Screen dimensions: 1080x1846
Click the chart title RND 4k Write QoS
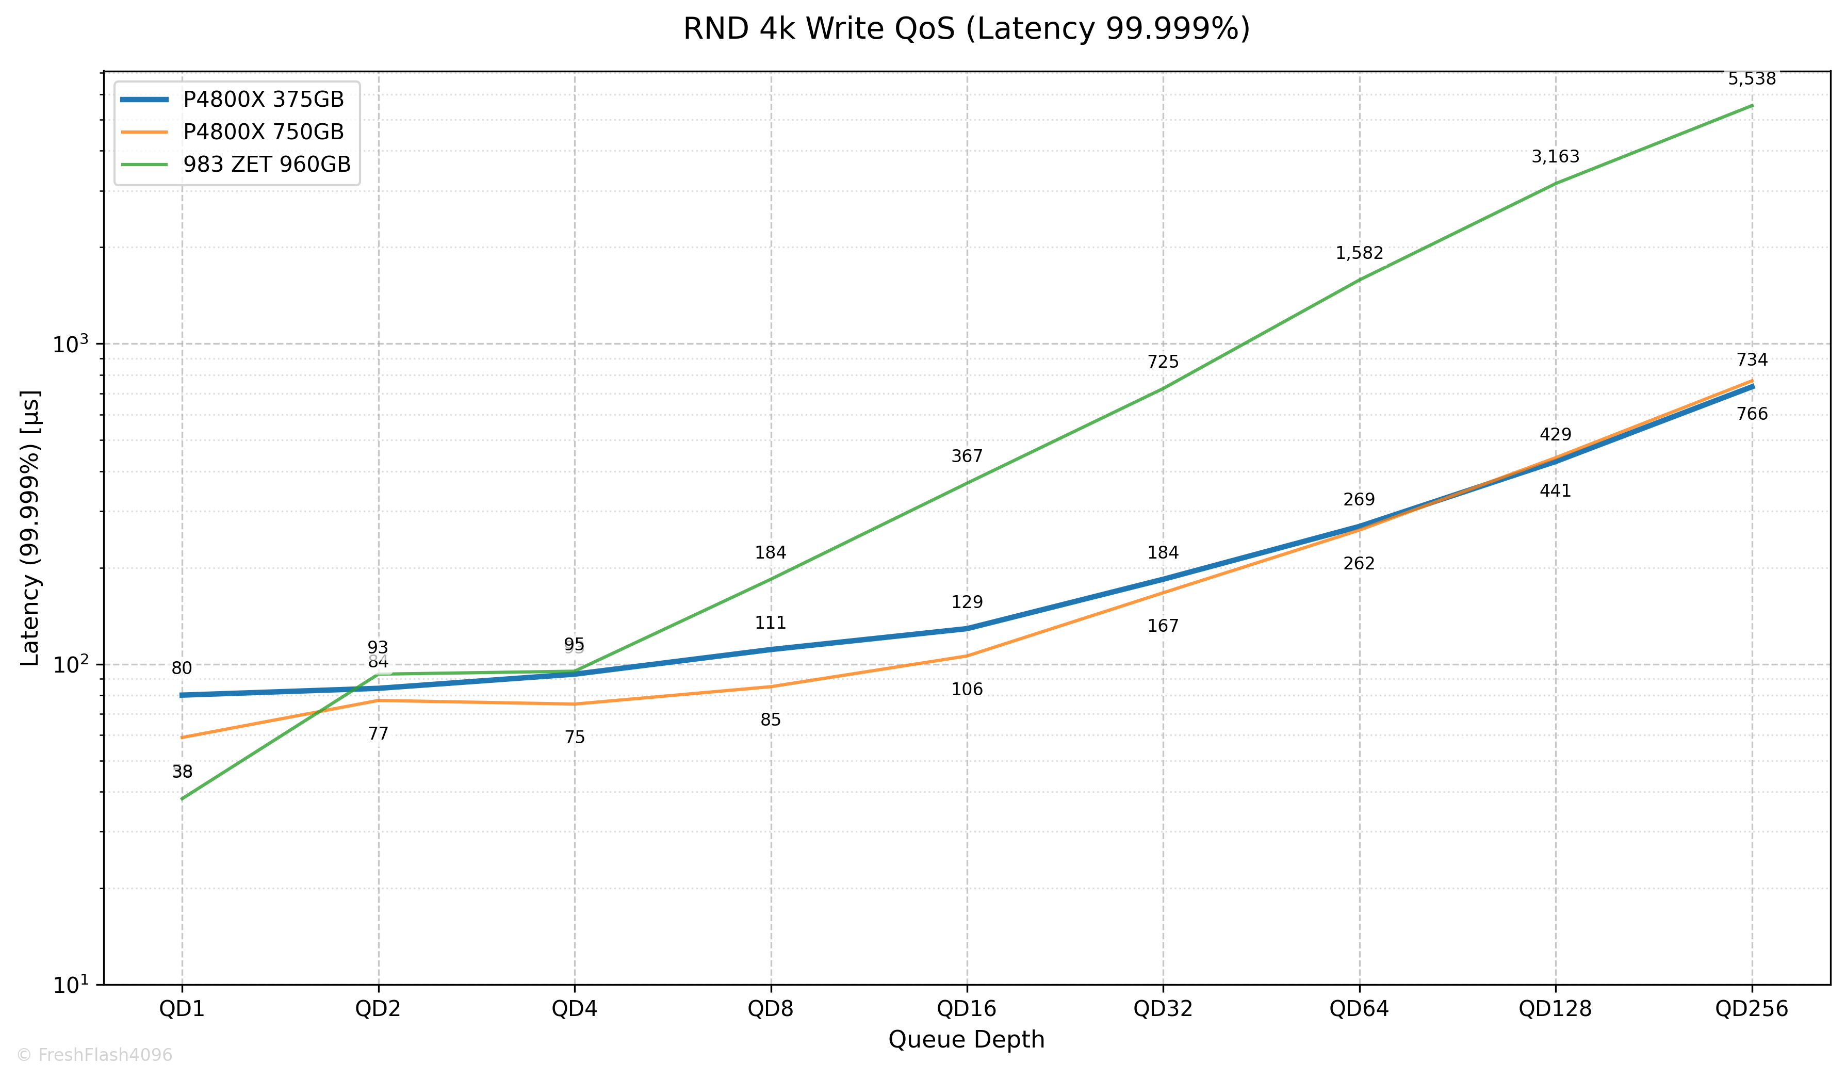coord(966,29)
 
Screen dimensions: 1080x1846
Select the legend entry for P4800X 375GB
coord(263,100)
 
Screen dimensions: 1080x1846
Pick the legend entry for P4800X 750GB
coord(263,132)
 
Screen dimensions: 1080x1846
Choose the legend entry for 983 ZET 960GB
coord(267,164)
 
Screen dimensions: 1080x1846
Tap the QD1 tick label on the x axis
coord(182,1009)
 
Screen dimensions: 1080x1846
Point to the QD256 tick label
coord(1752,1009)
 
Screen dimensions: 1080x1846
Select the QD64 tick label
coord(1359,1009)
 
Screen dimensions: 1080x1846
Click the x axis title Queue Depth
coord(966,1040)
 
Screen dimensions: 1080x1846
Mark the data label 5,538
coord(1752,79)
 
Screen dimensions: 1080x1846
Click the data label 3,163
coord(1555,157)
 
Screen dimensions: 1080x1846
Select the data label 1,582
coord(1359,254)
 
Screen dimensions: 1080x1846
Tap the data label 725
coord(1163,362)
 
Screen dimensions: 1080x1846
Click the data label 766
coord(1752,414)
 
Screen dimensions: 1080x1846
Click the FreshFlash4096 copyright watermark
coord(94,1055)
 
